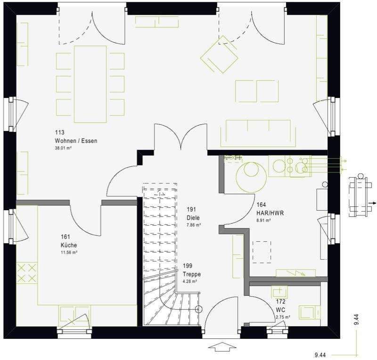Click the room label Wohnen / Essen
click(x=76, y=141)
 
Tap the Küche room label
click(x=68, y=245)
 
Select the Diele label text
click(x=193, y=218)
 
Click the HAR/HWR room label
click(x=270, y=213)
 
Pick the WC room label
click(x=280, y=310)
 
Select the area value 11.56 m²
click(x=69, y=253)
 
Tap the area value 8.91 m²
click(x=263, y=220)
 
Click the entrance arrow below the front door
click(x=220, y=348)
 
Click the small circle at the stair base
click(x=198, y=310)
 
